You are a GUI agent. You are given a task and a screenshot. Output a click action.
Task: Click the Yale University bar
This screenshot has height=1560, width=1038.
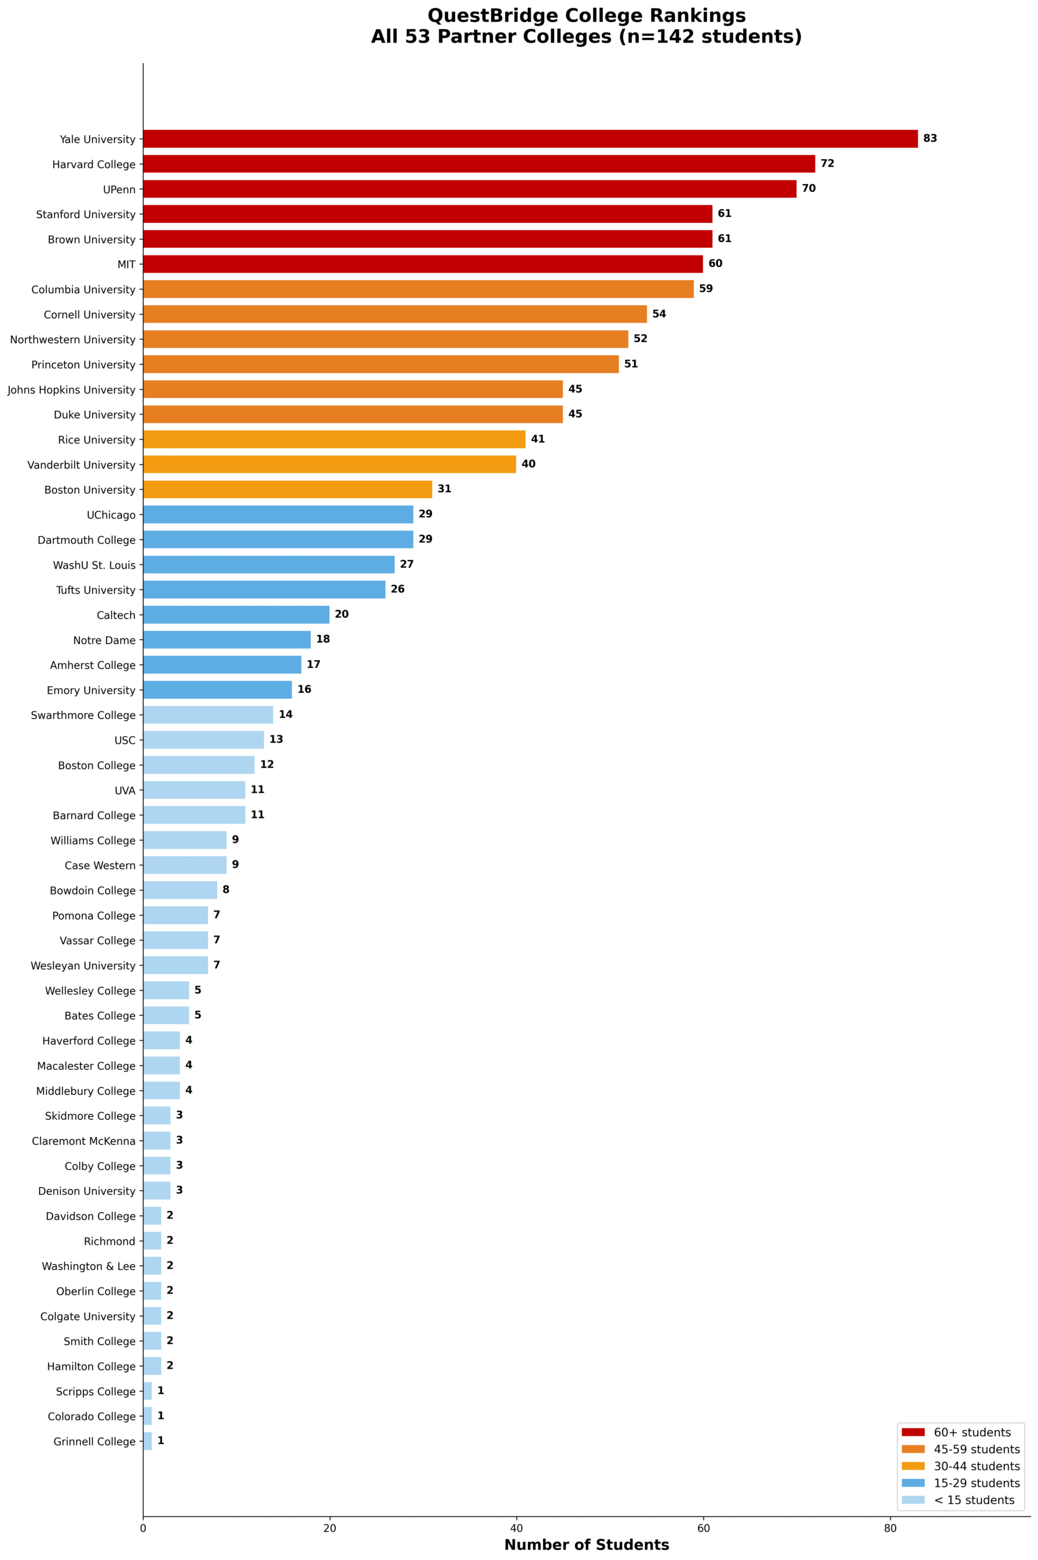point(530,139)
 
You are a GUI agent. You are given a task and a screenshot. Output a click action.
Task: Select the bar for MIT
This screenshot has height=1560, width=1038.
point(422,264)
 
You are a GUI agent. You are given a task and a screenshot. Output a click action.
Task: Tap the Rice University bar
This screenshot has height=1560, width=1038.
point(333,439)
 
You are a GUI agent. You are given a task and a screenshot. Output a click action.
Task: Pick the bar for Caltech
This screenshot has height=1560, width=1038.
point(236,615)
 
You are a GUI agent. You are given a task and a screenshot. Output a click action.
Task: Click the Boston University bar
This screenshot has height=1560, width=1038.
point(287,490)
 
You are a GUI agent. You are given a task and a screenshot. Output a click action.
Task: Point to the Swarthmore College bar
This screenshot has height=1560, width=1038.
point(208,715)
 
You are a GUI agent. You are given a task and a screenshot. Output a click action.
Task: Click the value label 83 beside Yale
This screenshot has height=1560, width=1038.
point(930,138)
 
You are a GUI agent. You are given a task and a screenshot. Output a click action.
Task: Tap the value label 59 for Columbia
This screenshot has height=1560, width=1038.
point(706,289)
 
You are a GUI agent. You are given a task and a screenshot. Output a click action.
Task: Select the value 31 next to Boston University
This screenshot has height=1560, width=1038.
point(444,489)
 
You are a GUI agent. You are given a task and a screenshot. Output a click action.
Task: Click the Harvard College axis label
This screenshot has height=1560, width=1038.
point(93,165)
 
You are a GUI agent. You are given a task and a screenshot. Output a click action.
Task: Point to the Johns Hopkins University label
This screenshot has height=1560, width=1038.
point(71,390)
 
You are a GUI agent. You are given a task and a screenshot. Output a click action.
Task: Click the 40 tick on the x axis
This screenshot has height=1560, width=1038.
point(516,1528)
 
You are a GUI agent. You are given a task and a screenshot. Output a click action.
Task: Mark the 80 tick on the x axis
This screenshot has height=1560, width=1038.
point(890,1528)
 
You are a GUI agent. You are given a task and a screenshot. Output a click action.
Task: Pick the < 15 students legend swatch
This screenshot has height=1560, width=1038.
point(913,1500)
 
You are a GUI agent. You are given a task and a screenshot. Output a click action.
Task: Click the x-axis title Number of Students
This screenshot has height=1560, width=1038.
point(586,1545)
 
